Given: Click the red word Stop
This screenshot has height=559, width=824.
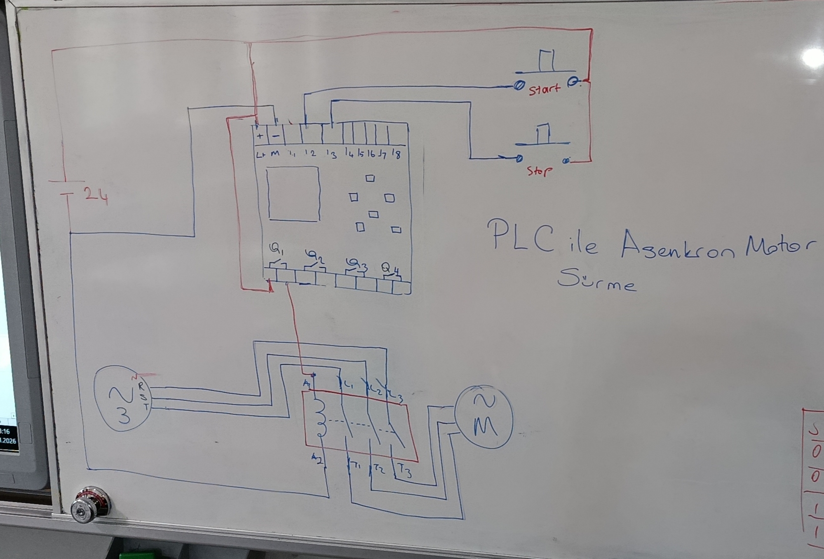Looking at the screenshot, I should [x=540, y=171].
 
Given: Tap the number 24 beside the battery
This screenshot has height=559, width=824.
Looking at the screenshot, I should [x=96, y=195].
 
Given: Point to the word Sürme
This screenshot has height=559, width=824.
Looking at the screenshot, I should [x=596, y=280].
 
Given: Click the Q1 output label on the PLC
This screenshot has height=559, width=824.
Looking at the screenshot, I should [x=276, y=249].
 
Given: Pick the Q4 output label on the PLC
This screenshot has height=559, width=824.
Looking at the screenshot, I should [x=390, y=268].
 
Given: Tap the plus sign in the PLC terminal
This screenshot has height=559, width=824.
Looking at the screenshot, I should [x=260, y=136].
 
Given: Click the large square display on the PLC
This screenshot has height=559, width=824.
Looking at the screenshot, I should [x=293, y=194].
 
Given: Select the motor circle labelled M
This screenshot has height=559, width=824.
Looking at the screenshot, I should [x=484, y=416].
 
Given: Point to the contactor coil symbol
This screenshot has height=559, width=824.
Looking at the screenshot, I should [x=320, y=418].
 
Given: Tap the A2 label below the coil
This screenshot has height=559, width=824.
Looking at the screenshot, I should [x=317, y=458].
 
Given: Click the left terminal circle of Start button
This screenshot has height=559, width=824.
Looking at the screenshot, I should [x=519, y=85].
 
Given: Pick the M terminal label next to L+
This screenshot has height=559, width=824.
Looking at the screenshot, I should [x=275, y=154].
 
